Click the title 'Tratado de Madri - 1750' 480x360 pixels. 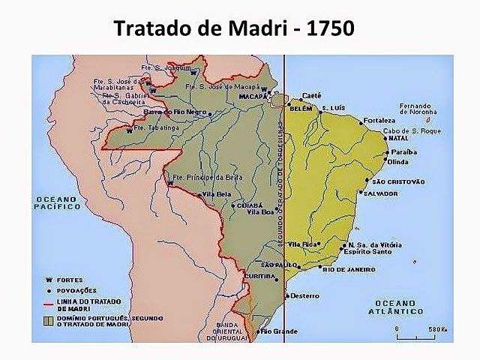pos(233,28)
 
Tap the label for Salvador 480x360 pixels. pos(379,193)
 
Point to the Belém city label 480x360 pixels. pos(301,108)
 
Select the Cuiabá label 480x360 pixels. pos(249,204)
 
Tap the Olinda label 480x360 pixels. pos(398,161)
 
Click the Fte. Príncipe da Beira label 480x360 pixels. pos(205,178)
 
